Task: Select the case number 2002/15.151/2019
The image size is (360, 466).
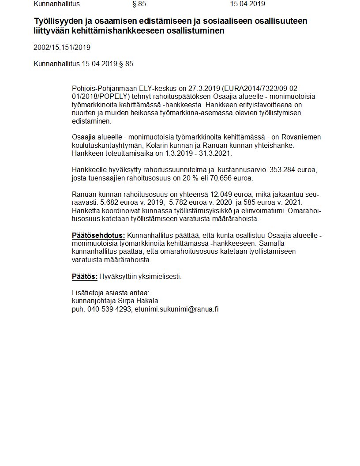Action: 62,48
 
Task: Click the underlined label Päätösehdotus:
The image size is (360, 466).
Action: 98,236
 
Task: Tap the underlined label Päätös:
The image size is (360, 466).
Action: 84,277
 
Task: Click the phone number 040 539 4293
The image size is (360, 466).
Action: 109,309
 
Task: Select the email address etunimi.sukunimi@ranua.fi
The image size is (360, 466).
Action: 176,309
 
